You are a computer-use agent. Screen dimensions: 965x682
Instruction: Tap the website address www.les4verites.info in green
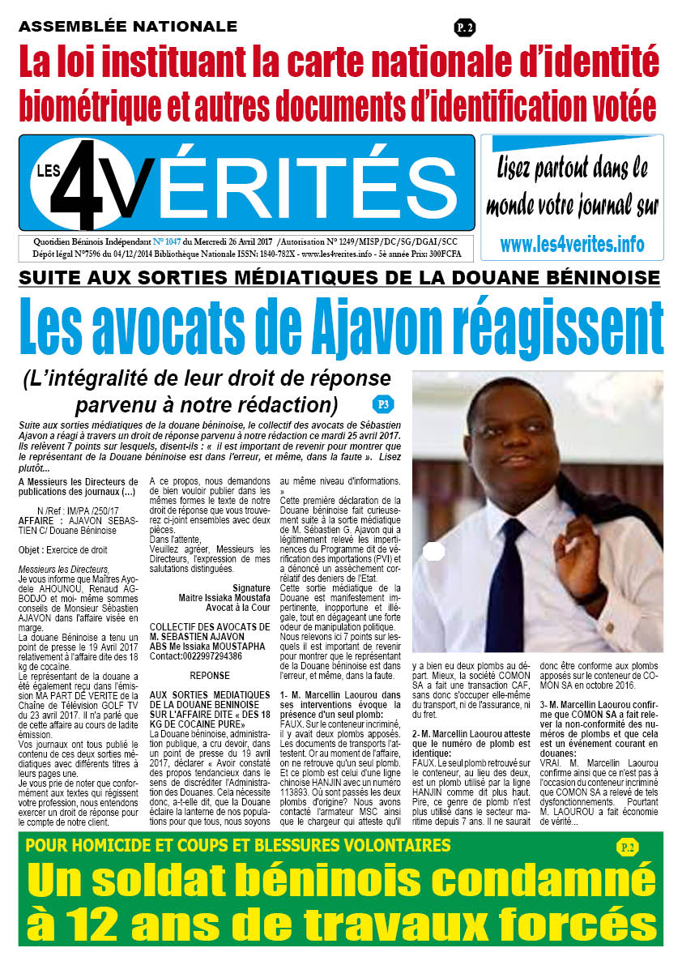coord(572,243)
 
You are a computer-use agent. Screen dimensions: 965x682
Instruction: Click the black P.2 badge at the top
coord(465,28)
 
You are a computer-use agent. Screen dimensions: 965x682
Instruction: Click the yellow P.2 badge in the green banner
coord(626,848)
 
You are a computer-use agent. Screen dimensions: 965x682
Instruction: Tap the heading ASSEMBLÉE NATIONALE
coord(128,27)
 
